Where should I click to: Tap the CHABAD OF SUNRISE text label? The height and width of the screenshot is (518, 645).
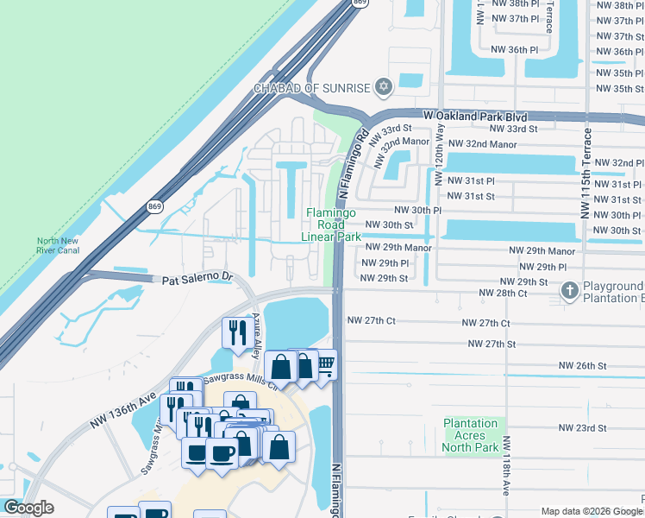[311, 87]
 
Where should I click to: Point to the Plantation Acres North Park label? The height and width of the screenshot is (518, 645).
[471, 435]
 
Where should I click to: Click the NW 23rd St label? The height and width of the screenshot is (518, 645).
[582, 428]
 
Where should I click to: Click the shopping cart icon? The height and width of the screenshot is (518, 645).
[324, 363]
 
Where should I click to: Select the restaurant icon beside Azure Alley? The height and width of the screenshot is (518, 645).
[235, 331]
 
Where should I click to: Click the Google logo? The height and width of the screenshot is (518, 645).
[28, 509]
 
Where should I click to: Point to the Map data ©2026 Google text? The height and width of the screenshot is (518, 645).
[591, 511]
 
